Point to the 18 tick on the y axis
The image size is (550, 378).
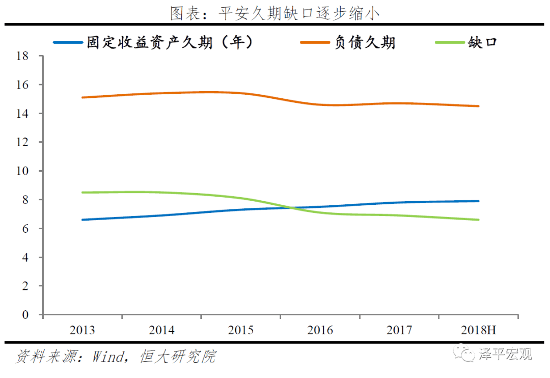pyautogui.click(x=22, y=56)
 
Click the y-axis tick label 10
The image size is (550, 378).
pyautogui.click(x=22, y=171)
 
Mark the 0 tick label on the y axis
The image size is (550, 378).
pyautogui.click(x=25, y=315)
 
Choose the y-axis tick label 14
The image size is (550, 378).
pyautogui.click(x=22, y=113)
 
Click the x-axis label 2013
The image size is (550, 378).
pyautogui.click(x=82, y=330)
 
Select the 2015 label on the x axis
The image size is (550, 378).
pyautogui.click(x=241, y=330)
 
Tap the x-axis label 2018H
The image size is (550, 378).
pyautogui.click(x=478, y=330)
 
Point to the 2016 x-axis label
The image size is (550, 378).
pyautogui.click(x=320, y=330)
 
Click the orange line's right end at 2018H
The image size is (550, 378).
pyautogui.click(x=478, y=106)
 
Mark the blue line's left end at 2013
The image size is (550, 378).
pyautogui.click(x=82, y=220)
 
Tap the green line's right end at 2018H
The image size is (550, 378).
pyautogui.click(x=478, y=220)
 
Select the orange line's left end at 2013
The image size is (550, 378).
pyautogui.click(x=82, y=97)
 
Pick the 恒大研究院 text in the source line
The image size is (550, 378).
pyautogui.click(x=178, y=356)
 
